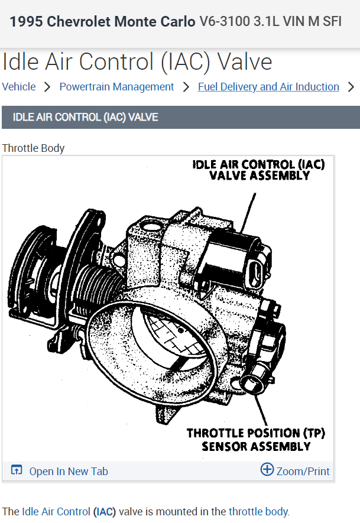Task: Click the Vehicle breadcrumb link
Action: [x=19, y=87]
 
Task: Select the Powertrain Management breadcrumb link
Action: [x=116, y=87]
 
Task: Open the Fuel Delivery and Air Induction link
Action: [x=268, y=87]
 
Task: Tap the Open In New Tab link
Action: [x=69, y=471]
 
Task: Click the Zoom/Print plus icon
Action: [x=267, y=470]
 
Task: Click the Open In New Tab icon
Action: [x=17, y=470]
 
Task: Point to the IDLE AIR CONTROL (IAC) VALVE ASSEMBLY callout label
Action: [x=259, y=170]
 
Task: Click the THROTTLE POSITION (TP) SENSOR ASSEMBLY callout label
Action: [x=256, y=440]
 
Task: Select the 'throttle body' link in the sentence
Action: [x=258, y=511]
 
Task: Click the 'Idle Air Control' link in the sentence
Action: [x=56, y=511]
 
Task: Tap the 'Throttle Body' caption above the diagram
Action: [x=33, y=148]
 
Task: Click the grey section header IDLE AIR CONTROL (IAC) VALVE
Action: [x=85, y=117]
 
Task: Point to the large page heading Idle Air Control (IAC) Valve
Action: [x=137, y=62]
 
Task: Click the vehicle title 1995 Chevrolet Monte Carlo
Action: [x=102, y=22]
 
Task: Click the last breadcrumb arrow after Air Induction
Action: [x=351, y=87]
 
